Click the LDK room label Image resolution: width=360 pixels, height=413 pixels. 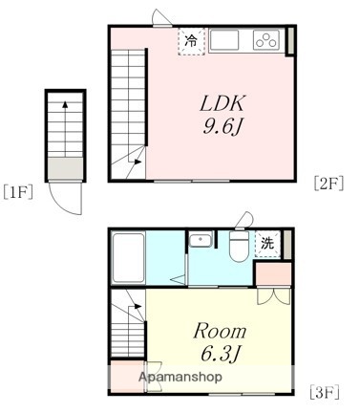click(223, 103)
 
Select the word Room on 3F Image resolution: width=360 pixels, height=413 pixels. click(221, 332)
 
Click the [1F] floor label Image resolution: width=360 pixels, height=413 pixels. click(18, 191)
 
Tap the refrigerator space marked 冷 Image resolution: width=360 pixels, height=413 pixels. click(191, 41)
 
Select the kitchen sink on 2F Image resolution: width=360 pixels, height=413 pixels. click(227, 41)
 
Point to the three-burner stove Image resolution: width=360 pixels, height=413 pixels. click(265, 40)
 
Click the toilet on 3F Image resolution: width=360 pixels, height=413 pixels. click(238, 247)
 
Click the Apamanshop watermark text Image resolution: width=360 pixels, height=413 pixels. click(181, 380)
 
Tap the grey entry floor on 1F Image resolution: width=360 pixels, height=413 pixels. click(66, 168)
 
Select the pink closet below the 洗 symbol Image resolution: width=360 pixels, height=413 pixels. click(273, 271)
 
